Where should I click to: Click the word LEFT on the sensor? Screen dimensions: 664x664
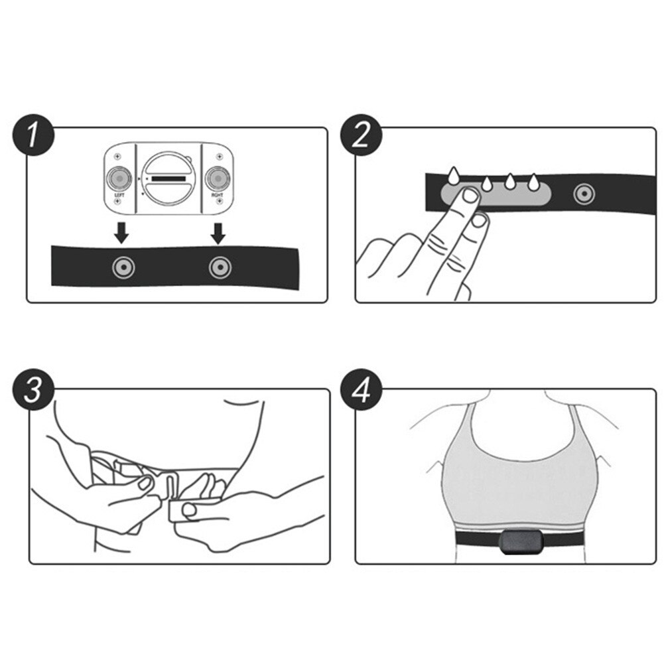tap(119, 196)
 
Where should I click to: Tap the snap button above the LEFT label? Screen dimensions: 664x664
tap(119, 178)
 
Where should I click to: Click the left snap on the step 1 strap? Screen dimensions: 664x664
tap(121, 267)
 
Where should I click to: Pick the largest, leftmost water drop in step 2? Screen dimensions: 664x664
tap(454, 176)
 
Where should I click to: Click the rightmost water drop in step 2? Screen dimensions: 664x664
tap(533, 182)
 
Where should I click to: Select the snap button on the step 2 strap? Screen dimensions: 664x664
tap(584, 193)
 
